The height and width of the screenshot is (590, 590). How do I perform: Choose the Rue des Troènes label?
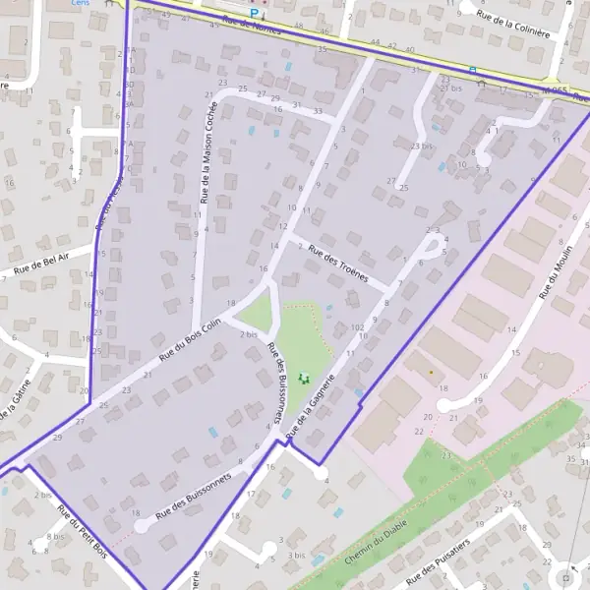(337, 264)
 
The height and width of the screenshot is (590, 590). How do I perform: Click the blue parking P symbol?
(254, 14)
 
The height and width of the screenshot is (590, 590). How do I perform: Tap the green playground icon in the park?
(303, 377)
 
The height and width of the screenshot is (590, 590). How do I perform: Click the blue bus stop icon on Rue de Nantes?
(472, 70)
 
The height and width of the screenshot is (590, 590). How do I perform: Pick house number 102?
(356, 327)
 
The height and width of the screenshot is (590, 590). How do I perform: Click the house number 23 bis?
(421, 147)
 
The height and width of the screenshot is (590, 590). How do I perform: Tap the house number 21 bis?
(450, 88)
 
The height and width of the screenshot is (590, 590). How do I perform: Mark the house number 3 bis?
(296, 555)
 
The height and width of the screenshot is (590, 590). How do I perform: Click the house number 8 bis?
(55, 538)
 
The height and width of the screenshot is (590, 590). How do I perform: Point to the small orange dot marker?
(431, 372)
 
